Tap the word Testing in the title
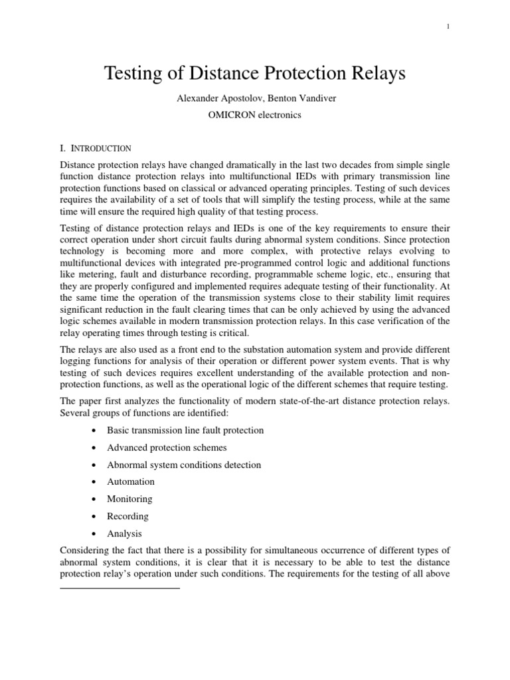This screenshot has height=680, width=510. (136, 74)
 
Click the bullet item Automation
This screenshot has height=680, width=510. (130, 481)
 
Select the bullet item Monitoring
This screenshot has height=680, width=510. (129, 499)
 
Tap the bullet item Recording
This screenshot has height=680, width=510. (127, 516)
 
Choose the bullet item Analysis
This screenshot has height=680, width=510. (124, 533)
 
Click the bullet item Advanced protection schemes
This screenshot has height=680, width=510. (167, 447)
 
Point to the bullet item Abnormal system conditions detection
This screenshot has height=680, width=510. (184, 464)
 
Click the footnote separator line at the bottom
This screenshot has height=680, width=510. (120, 588)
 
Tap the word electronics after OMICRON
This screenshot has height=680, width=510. (278, 115)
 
